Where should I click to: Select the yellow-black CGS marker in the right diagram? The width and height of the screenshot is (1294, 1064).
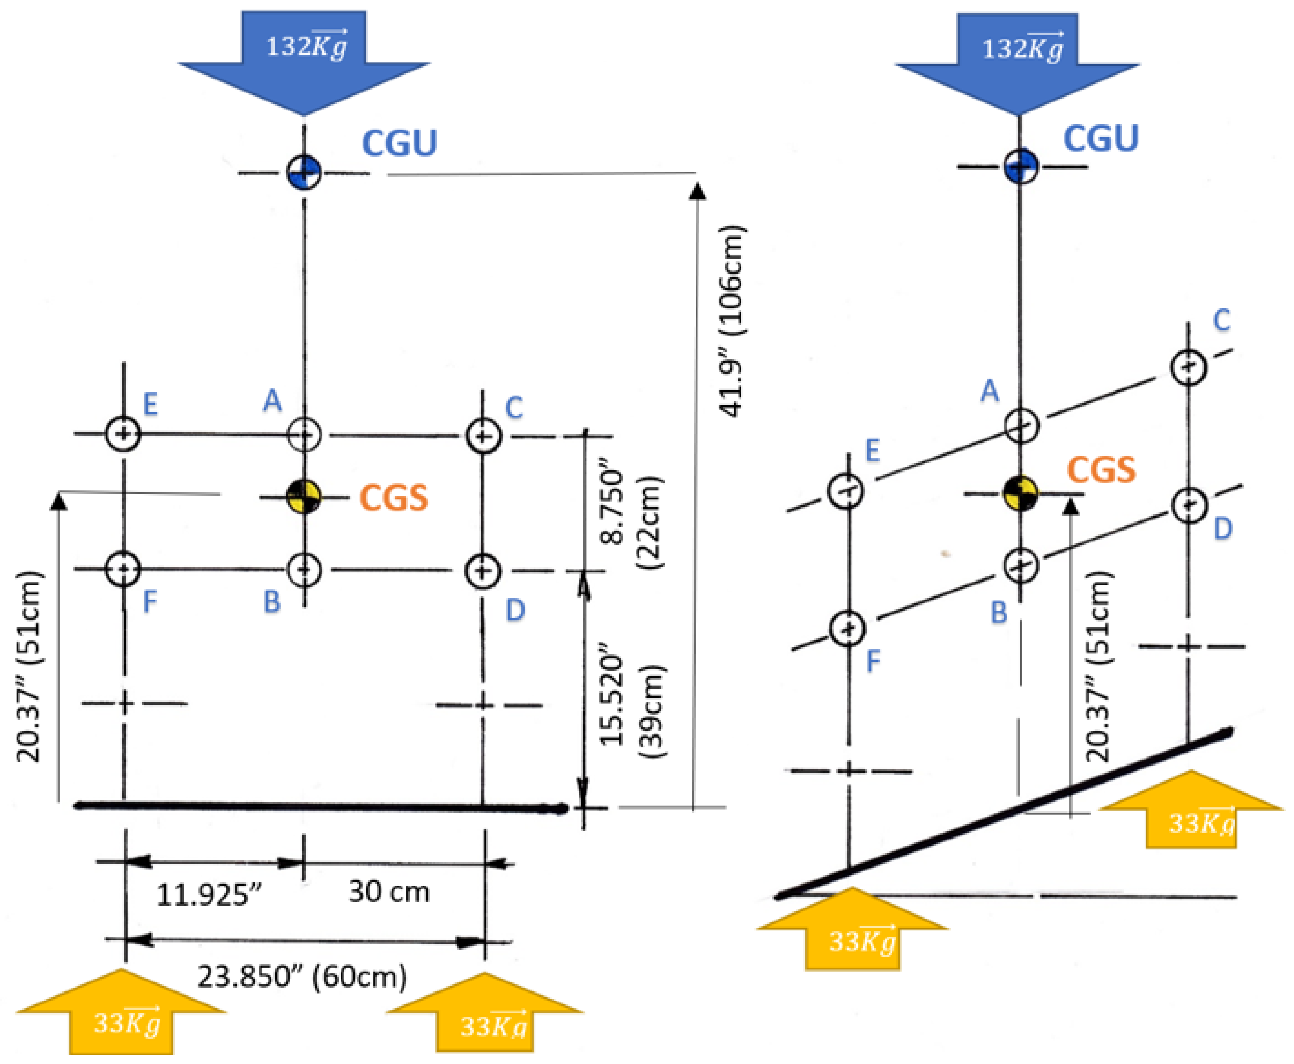coord(1020,493)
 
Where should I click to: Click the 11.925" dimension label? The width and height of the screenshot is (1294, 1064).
coord(209,895)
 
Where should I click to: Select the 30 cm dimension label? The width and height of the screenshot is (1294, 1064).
coord(389,892)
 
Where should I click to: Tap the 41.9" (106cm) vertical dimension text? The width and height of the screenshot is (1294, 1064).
coord(730,322)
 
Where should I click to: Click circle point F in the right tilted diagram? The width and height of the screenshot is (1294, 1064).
coord(848,629)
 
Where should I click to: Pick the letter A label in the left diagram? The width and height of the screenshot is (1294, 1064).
coord(272,402)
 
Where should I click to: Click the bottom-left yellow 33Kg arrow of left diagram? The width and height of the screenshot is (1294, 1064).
coord(123,1014)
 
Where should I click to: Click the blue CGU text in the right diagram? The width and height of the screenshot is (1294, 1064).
coord(1101,138)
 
